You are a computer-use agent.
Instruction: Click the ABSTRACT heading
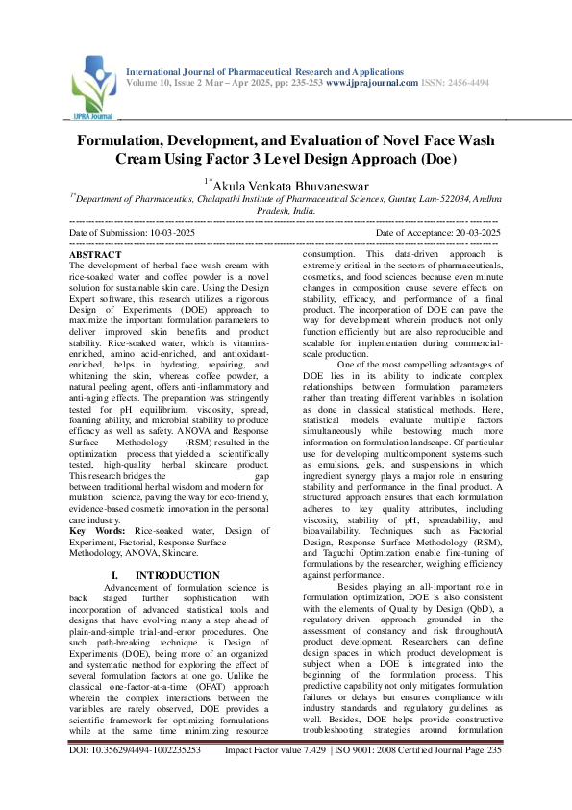[x=96, y=253]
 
